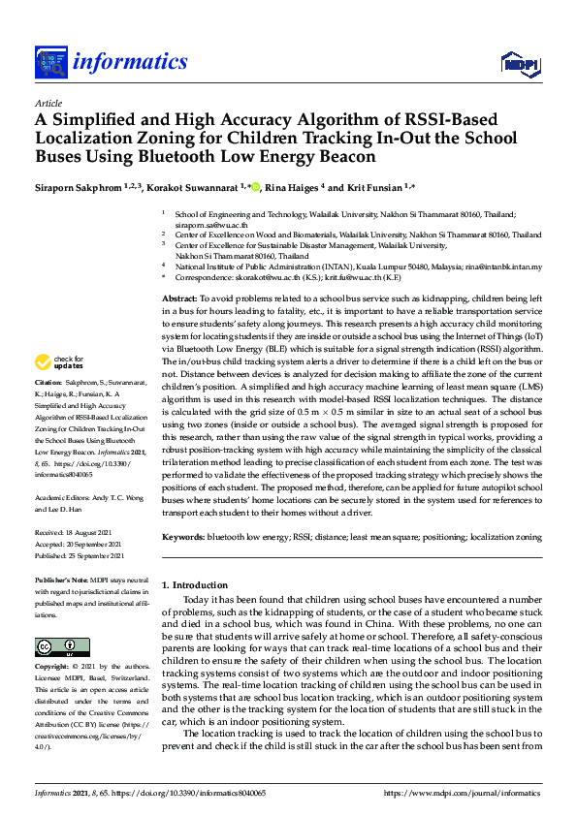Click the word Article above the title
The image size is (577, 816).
48,103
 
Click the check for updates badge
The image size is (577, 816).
60,390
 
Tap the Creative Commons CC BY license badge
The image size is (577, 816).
55,646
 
